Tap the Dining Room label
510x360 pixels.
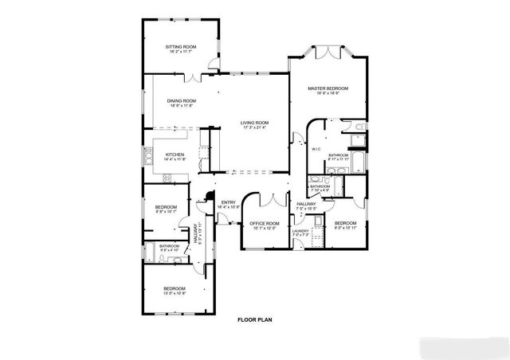[x=182, y=101]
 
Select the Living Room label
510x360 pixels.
[x=255, y=122]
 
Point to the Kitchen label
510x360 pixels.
[x=175, y=155]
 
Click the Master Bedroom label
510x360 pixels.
[x=328, y=88]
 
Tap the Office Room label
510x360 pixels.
[x=264, y=223]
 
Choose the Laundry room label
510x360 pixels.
[x=300, y=231]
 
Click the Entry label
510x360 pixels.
[x=229, y=202]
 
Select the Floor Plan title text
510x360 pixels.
[x=254, y=319]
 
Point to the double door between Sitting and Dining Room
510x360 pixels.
[x=195, y=78]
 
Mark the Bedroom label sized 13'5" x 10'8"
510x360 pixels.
[x=175, y=288]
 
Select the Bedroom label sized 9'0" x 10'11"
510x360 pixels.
[x=345, y=223]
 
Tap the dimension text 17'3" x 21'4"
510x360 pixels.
[x=255, y=127]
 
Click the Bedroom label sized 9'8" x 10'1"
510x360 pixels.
[x=167, y=208]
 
